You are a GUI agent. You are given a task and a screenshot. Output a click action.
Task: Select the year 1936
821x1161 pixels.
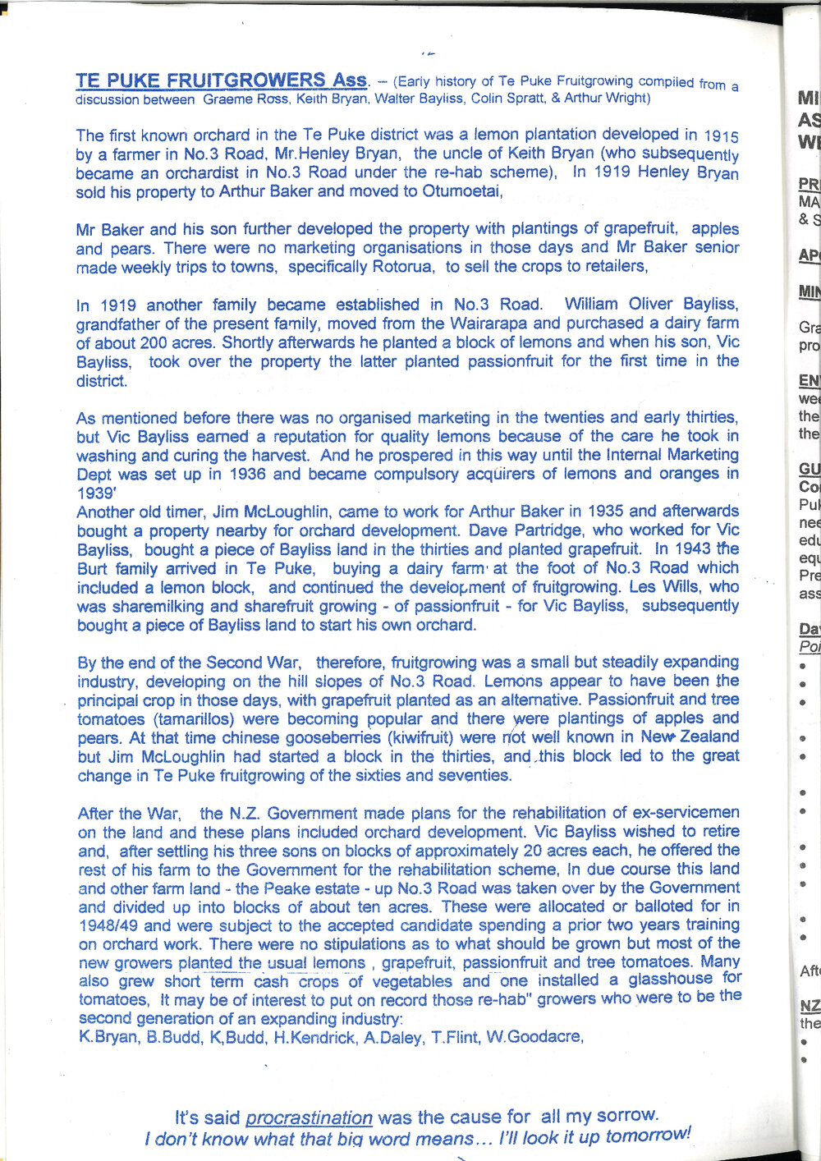[x=249, y=474]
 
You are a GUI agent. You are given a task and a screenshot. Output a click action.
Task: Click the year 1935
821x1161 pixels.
[x=610, y=511]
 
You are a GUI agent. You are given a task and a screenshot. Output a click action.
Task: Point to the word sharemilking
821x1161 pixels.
[x=146, y=606]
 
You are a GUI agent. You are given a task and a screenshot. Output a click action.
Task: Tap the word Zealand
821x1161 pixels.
[x=708, y=737]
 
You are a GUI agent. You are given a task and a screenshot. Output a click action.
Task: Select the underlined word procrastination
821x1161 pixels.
[x=309, y=1117]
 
